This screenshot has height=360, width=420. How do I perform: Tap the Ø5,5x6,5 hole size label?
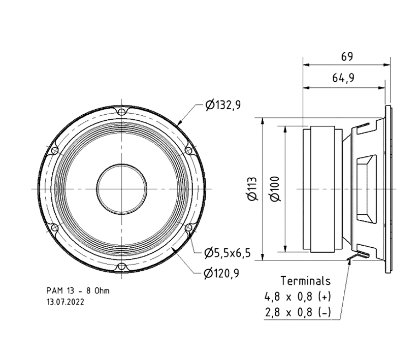click(228, 252)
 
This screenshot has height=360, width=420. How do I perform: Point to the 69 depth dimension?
click(347, 56)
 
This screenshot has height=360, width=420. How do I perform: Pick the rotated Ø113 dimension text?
click(252, 189)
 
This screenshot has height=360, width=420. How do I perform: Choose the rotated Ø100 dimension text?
click(275, 189)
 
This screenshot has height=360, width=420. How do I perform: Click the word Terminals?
click(305, 280)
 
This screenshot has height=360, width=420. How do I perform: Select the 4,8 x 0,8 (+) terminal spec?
click(298, 297)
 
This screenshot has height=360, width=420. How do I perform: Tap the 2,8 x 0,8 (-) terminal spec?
click(298, 313)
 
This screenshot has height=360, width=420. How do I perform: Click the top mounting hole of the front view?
click(121, 111)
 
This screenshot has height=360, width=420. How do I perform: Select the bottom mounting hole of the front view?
click(121, 267)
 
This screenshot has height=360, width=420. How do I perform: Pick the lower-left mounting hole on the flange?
click(54, 228)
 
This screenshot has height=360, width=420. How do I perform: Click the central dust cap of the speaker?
click(121, 189)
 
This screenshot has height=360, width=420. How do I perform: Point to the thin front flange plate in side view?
click(389, 189)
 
